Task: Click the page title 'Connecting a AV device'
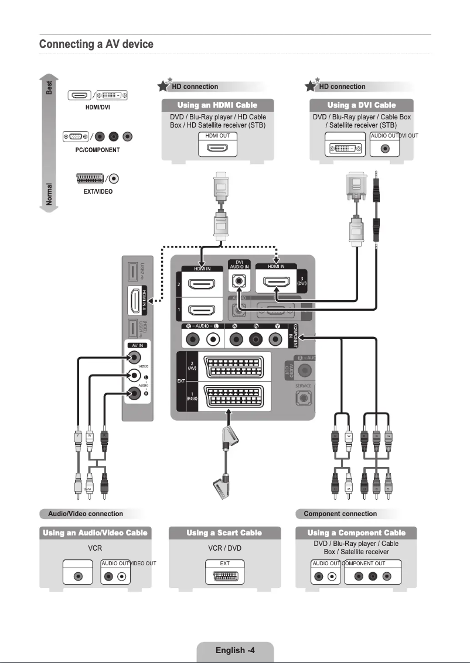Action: coord(96,44)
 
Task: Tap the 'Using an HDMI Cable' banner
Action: coord(217,105)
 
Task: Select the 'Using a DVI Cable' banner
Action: coord(361,105)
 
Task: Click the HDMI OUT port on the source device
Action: coord(217,148)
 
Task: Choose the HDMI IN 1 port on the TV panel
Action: coord(200,311)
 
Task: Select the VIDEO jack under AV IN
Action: coord(135,358)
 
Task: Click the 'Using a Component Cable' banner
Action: coord(356,533)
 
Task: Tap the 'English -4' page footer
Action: coord(235,650)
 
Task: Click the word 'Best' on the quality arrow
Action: coord(50,88)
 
